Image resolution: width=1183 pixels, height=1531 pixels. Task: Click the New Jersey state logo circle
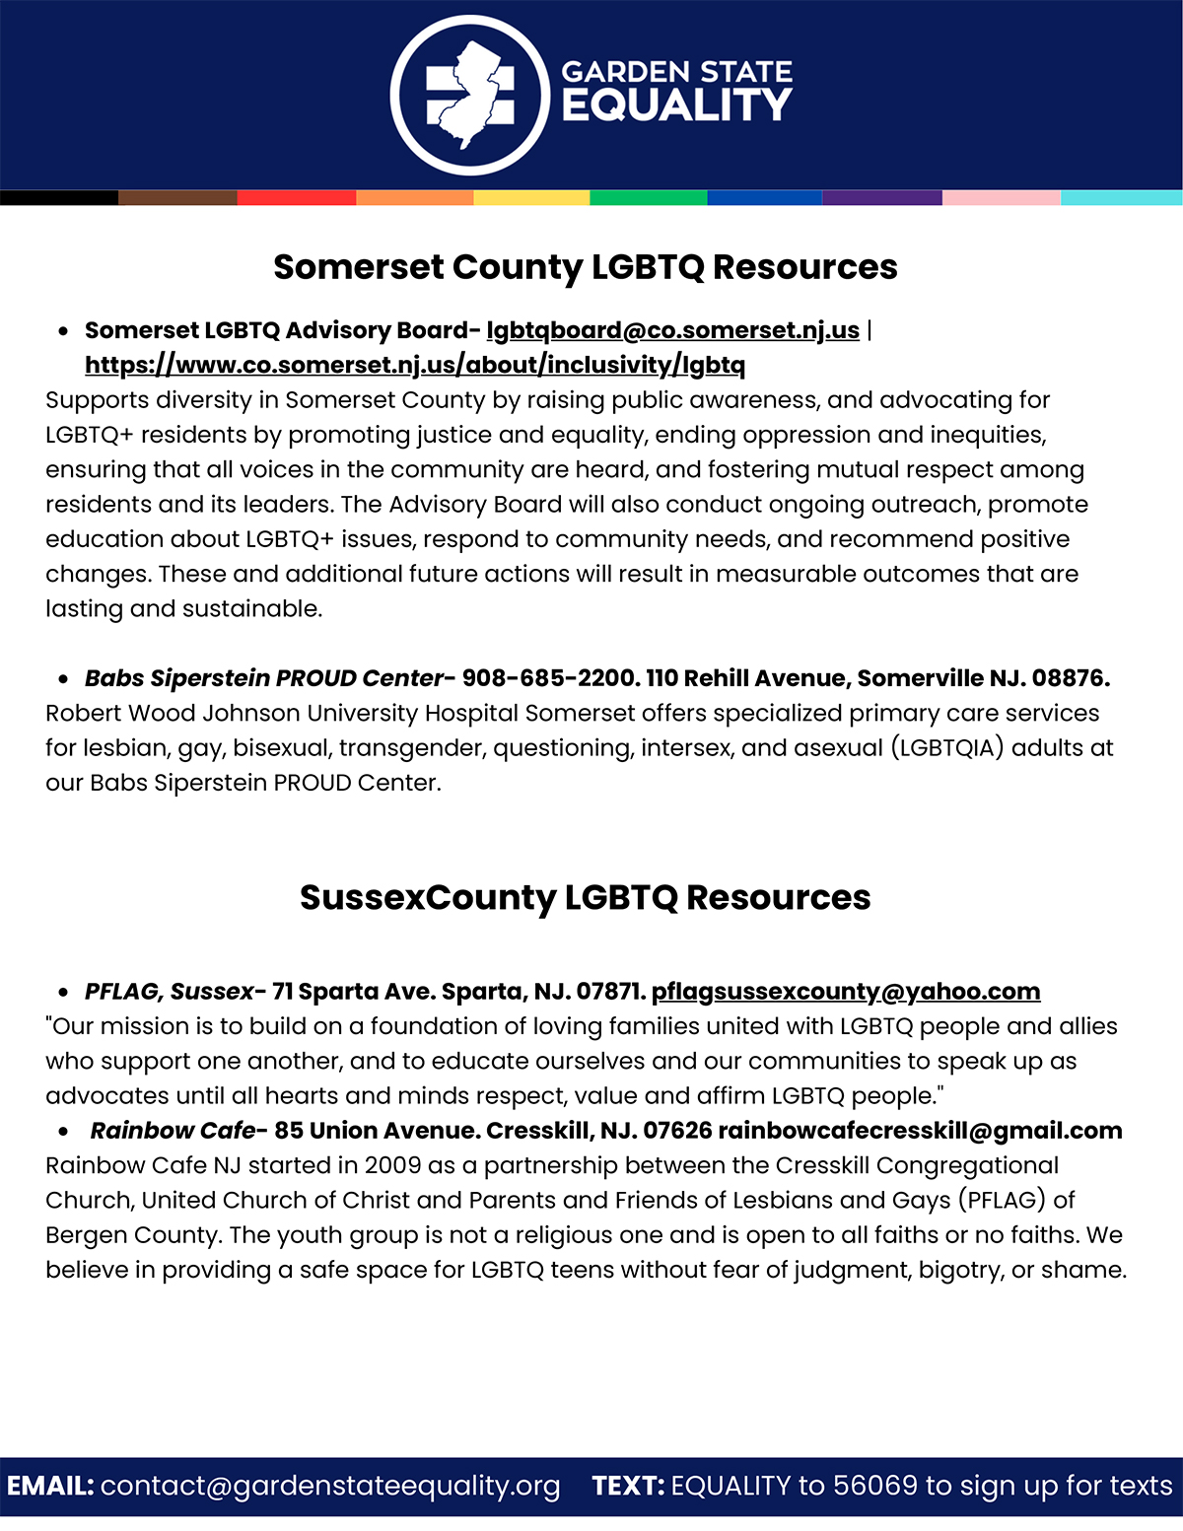470,96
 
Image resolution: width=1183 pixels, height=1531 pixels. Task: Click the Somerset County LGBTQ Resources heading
586,267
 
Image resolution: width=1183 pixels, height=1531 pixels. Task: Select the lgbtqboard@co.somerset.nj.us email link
672,330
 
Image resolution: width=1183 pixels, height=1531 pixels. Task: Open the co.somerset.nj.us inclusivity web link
415,365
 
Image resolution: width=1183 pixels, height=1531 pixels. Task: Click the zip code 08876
1069,678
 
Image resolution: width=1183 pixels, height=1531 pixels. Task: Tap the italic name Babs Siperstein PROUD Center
264,678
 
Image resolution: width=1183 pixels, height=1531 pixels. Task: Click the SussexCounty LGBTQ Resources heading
586,897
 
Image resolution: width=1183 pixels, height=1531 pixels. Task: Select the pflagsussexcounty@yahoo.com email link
846,991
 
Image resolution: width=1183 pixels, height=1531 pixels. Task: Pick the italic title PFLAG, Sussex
169,991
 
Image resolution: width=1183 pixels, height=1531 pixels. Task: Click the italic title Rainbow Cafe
173,1130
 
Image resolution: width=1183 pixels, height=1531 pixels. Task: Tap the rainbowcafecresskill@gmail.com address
920,1130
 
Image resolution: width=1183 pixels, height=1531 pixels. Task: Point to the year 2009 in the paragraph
392,1165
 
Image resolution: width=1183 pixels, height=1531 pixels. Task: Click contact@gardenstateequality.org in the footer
330,1486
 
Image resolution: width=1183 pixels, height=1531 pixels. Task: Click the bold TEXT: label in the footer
628,1486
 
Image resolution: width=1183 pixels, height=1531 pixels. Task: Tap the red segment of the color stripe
297,197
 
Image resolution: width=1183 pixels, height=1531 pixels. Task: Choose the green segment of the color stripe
649,197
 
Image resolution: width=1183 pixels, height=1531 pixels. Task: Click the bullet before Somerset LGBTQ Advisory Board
64,331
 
